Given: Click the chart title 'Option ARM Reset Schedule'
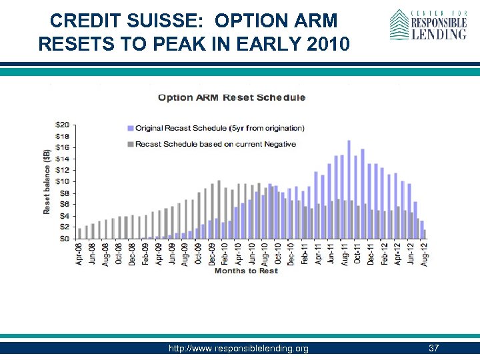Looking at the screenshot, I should coord(231,97).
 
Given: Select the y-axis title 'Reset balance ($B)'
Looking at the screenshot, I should coord(47,181).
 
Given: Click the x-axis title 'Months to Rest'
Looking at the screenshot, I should coord(246,271).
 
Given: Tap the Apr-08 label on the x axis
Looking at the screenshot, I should coord(79,254).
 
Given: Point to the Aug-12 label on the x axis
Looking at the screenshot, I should coord(424,254).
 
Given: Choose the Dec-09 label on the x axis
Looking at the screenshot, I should coord(212,254).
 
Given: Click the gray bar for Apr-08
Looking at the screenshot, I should coord(79,233).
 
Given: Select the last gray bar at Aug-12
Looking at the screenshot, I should coord(425,234).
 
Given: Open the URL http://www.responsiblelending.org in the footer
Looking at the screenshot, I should coord(239,349).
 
